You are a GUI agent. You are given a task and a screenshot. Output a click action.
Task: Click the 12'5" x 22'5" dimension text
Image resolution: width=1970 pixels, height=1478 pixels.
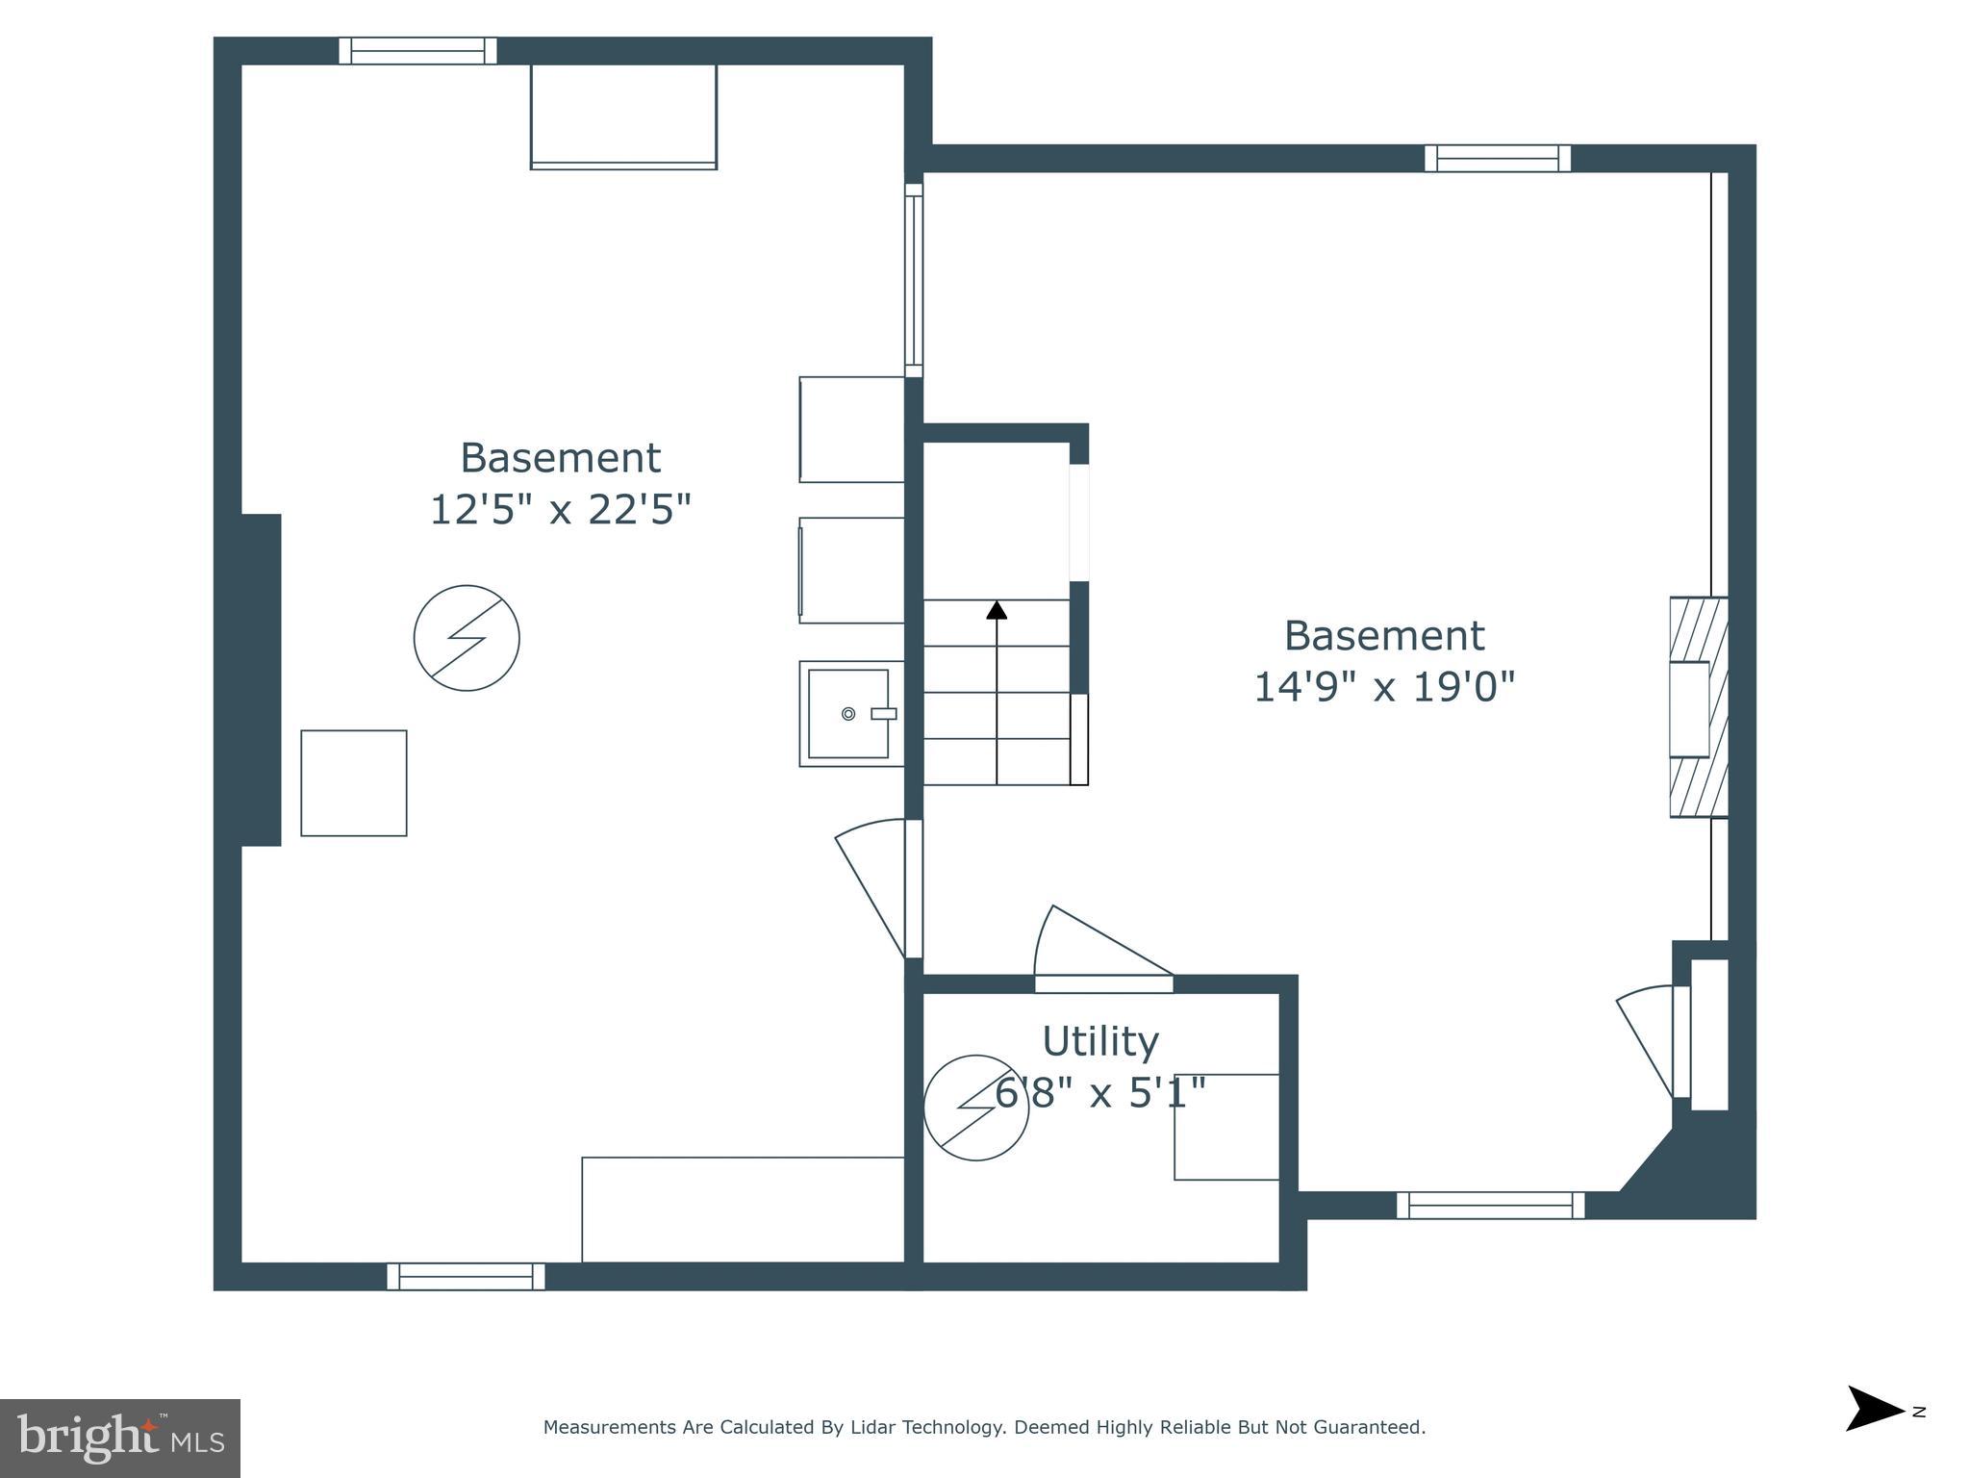coord(560,510)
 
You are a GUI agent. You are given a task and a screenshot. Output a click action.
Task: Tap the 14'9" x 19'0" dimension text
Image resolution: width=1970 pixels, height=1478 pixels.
coord(1383,688)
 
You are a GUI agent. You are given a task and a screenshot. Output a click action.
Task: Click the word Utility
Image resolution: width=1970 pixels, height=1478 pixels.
coord(1100,1041)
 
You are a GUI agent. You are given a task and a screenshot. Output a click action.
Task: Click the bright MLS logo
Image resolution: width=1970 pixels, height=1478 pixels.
coord(119,1438)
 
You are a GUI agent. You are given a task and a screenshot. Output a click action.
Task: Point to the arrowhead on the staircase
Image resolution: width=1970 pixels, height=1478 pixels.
coord(997,610)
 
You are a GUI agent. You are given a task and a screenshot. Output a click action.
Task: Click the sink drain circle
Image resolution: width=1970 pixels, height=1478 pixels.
coord(847,713)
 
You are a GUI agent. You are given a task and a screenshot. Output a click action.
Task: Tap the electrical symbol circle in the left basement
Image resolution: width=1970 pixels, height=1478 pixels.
coord(467,638)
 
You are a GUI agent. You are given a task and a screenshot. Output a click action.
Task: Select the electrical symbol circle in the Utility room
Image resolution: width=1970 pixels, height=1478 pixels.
coord(975,1108)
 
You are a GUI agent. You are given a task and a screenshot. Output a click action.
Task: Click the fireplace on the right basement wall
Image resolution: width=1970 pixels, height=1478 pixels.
coord(1697,707)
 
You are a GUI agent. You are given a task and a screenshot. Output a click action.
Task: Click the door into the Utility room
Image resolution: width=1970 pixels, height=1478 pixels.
coord(1102,948)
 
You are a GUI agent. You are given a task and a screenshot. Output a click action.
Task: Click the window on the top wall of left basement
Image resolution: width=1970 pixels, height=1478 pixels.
coord(417,51)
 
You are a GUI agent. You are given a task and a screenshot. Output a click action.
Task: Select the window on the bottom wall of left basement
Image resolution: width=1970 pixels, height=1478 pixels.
coord(466,1276)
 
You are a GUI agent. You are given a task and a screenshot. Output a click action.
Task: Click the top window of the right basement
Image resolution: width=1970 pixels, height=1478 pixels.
coord(1497,159)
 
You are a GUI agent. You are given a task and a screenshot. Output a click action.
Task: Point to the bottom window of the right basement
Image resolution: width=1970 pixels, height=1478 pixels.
coord(1489,1205)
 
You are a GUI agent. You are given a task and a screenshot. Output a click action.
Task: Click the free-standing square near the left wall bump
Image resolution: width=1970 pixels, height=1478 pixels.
coord(353,783)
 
